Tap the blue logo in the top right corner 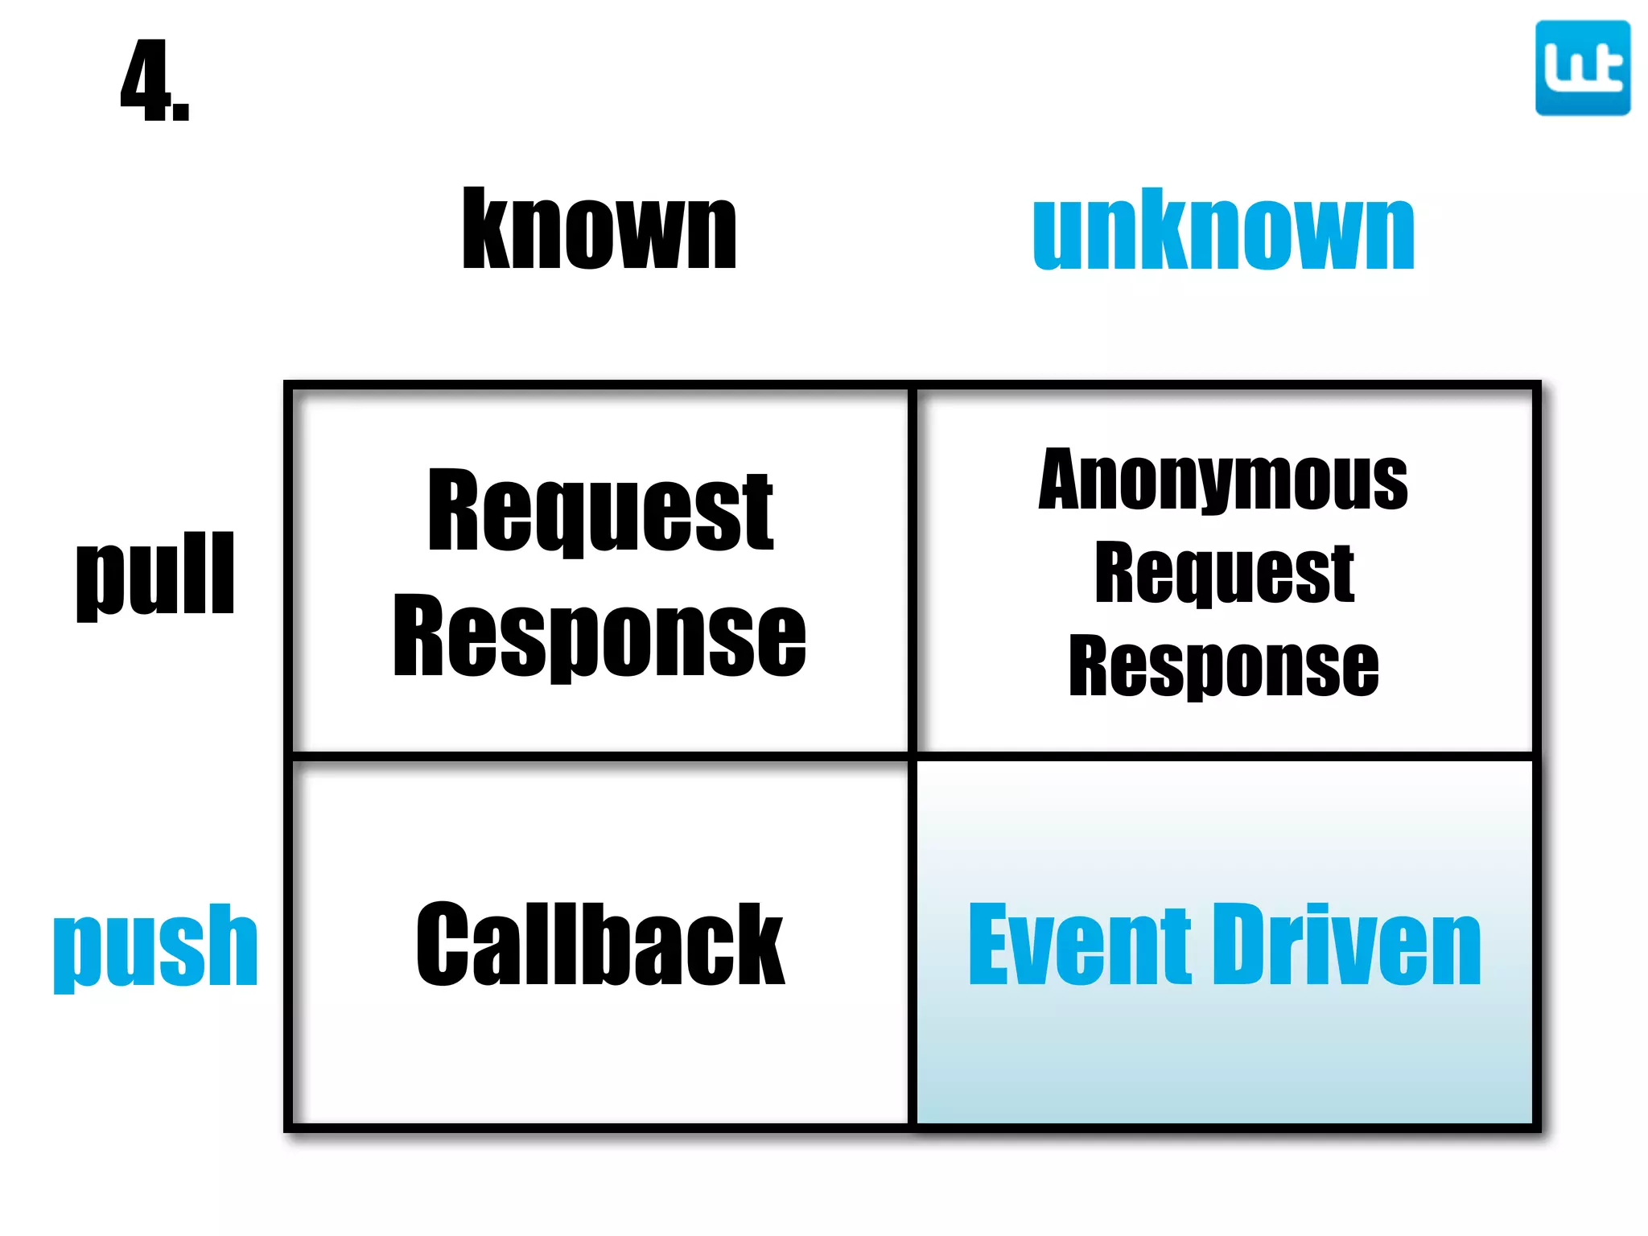click(1582, 68)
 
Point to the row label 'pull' click(155, 575)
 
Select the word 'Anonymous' click(1223, 480)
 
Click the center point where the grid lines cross click(913, 756)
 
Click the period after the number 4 click(181, 111)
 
